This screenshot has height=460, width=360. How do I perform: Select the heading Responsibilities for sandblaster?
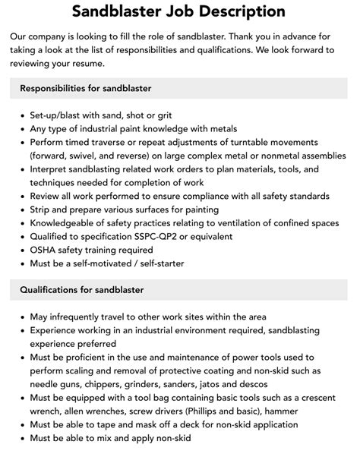(x=86, y=88)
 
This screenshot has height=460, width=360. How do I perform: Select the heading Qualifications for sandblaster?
(x=81, y=289)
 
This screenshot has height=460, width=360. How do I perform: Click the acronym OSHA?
(x=43, y=250)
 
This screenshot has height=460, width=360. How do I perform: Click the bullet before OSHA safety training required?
(x=21, y=250)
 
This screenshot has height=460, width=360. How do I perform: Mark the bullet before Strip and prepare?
(x=21, y=210)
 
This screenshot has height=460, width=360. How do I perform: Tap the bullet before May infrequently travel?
(x=21, y=317)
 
